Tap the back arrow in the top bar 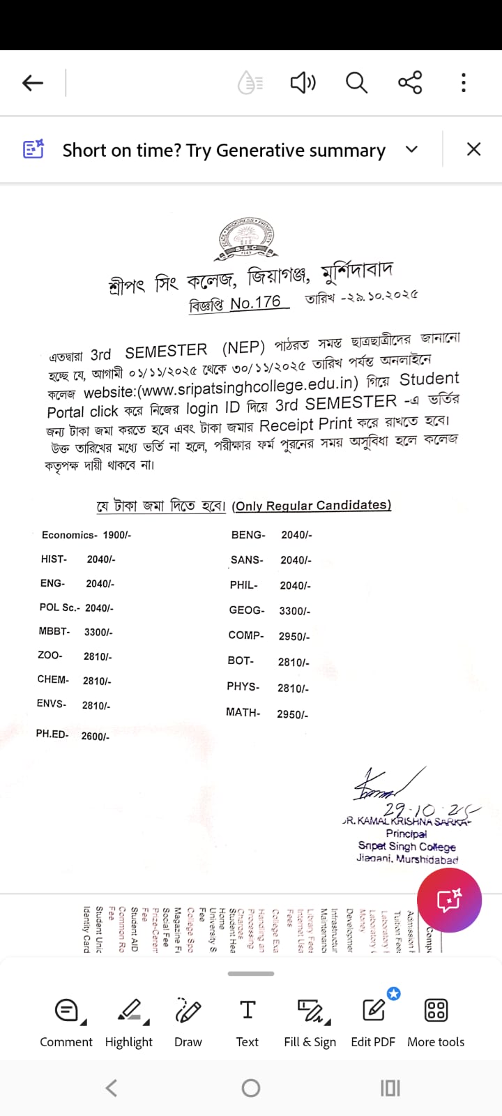pyautogui.click(x=33, y=83)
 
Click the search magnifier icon pyautogui.click(x=356, y=83)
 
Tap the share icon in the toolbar pyautogui.click(x=410, y=82)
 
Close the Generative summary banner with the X pyautogui.click(x=473, y=149)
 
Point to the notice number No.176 pyautogui.click(x=255, y=303)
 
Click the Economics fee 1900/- pyautogui.click(x=116, y=535)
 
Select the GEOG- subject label pyautogui.click(x=247, y=610)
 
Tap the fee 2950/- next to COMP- pyautogui.click(x=294, y=636)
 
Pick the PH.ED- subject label pyautogui.click(x=52, y=734)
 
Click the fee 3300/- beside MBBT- pyautogui.click(x=98, y=632)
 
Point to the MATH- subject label pyautogui.click(x=243, y=712)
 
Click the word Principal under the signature pyautogui.click(x=406, y=834)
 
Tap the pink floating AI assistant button pyautogui.click(x=449, y=900)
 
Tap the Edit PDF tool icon pyautogui.click(x=373, y=1011)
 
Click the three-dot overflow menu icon pyautogui.click(x=463, y=82)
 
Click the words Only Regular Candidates pyautogui.click(x=312, y=505)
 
